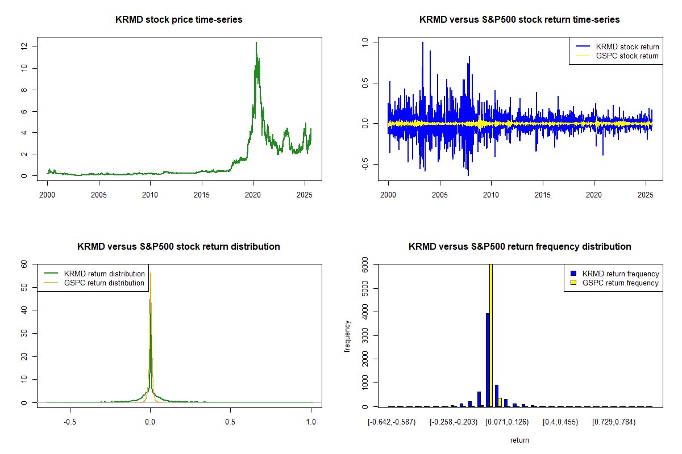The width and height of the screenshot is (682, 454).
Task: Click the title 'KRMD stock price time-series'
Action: tap(178, 20)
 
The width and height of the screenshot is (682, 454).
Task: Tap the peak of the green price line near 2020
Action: tap(256, 43)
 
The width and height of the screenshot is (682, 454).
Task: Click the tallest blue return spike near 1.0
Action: tap(422, 43)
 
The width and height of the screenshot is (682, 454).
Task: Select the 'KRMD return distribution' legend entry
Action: tap(105, 274)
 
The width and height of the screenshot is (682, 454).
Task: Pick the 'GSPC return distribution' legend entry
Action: tap(105, 283)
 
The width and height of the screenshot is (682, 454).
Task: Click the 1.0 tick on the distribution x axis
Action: tap(311, 422)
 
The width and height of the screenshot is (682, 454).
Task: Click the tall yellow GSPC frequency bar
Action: tap(491, 335)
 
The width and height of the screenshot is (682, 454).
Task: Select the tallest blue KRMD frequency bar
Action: tap(488, 360)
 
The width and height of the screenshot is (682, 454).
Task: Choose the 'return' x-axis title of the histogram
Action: tap(519, 440)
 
